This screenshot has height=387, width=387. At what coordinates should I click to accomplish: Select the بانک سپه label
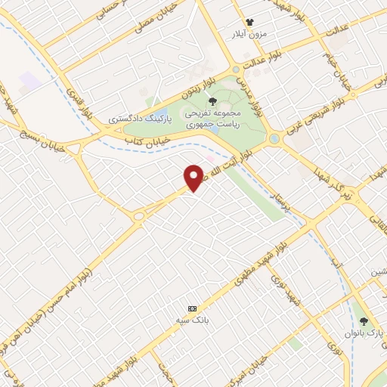tap(192, 320)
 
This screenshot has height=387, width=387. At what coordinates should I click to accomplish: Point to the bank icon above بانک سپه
tap(192, 308)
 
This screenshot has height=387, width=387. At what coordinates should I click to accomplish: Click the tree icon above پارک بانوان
tap(364, 320)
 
